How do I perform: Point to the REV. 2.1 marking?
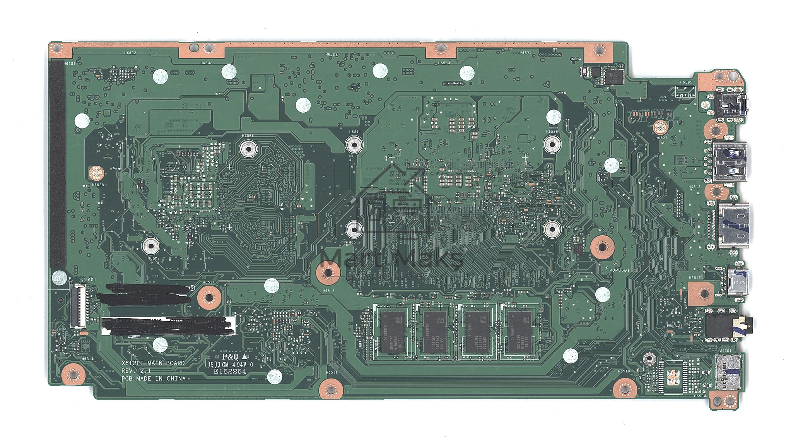136,371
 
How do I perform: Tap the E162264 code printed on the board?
231,372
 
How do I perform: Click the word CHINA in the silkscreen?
176,379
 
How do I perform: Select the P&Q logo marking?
231,356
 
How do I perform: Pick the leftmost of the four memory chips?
393,332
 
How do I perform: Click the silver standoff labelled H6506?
248,148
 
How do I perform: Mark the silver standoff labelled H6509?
150,245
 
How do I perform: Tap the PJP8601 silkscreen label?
619,271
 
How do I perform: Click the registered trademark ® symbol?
191,288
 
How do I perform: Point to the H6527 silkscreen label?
661,138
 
